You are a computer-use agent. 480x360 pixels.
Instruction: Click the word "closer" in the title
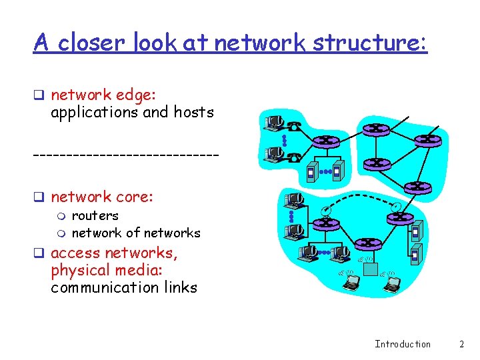tap(91, 43)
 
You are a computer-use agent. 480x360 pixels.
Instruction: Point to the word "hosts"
tap(193, 112)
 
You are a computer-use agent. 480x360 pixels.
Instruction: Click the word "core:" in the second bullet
tap(135, 197)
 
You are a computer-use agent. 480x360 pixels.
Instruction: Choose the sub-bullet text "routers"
tap(95, 215)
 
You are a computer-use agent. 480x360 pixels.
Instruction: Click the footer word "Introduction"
tap(403, 344)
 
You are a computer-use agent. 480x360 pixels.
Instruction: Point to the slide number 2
tap(461, 344)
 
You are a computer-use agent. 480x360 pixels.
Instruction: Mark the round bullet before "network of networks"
tap(61, 233)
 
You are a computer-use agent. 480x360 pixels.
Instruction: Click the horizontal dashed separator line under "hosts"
tap(126, 155)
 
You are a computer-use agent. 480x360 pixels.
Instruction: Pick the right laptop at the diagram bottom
tap(392, 285)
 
